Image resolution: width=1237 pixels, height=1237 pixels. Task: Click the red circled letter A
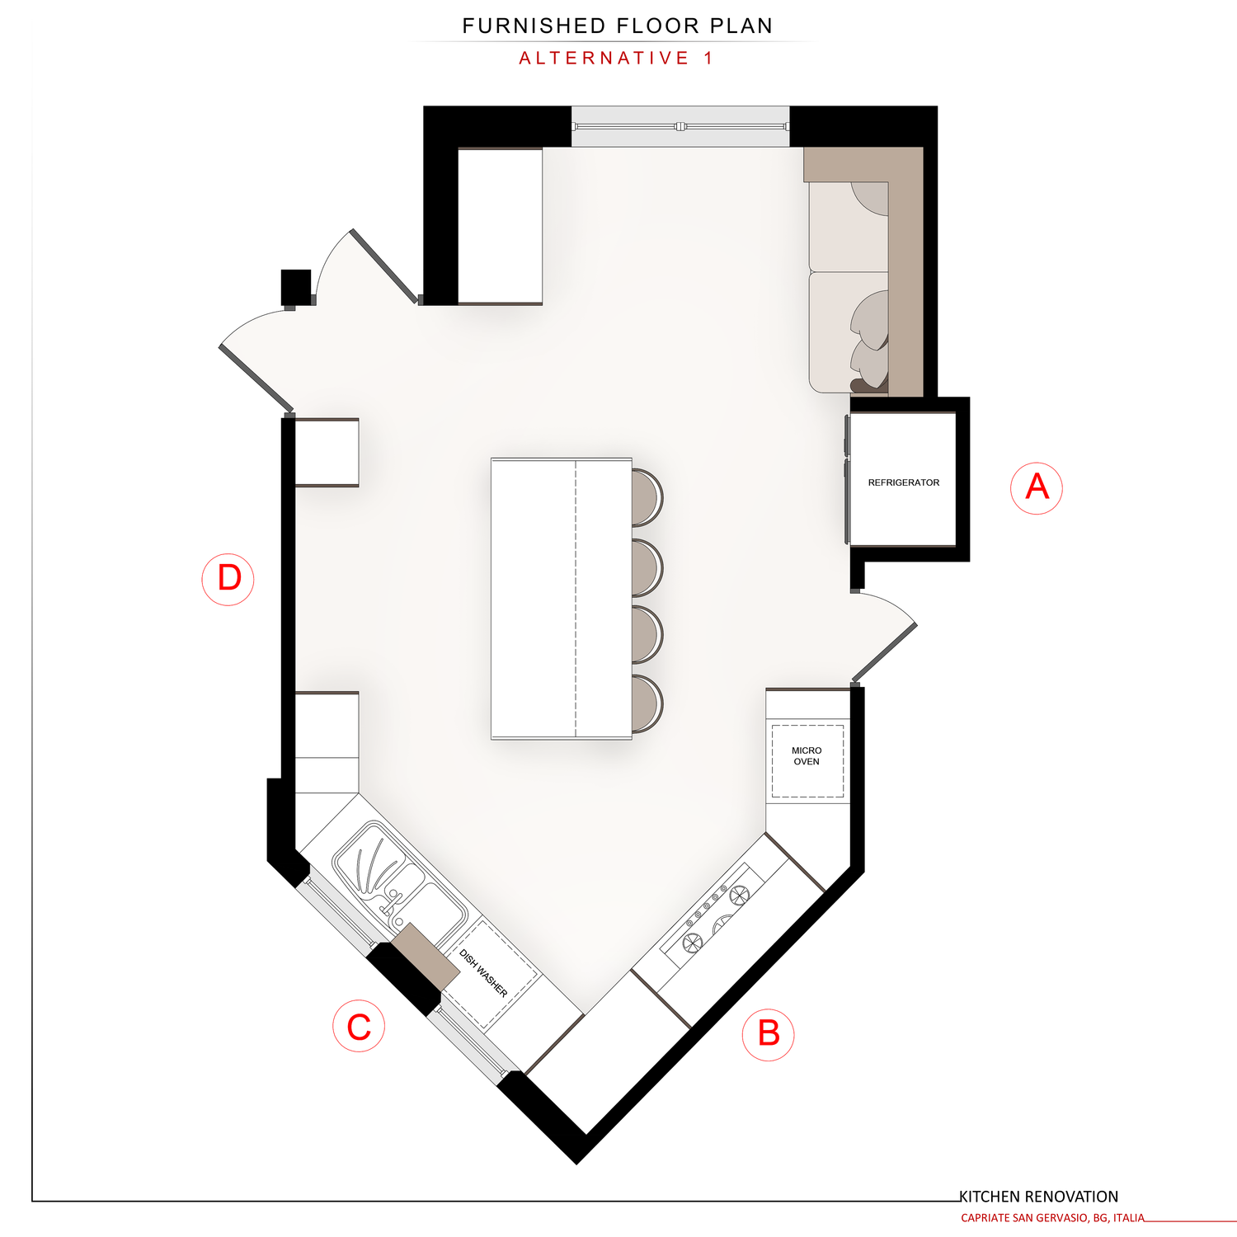[x=1037, y=488]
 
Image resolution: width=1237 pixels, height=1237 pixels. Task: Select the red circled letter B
[x=768, y=1033]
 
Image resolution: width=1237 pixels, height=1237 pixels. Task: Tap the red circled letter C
[x=359, y=1026]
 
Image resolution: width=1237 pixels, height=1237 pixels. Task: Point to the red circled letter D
[x=228, y=579]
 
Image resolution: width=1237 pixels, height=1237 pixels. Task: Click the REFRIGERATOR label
[x=903, y=482]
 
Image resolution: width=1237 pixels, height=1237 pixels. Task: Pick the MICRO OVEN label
[x=807, y=756]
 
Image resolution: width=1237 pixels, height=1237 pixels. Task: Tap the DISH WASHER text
[x=483, y=973]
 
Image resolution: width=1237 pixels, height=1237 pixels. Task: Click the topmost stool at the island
[x=647, y=497]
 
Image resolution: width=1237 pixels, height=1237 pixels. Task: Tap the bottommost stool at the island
[x=647, y=703]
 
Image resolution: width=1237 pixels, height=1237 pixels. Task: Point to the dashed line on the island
[x=575, y=598]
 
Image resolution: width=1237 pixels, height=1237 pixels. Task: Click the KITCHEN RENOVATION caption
[x=1038, y=1197]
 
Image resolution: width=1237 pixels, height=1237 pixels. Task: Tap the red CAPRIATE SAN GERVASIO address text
[x=1052, y=1218]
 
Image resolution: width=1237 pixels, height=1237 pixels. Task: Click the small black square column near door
[x=296, y=287]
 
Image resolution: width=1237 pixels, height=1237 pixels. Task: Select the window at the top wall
[x=680, y=126]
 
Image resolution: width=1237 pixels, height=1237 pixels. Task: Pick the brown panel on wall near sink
[x=425, y=957]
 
